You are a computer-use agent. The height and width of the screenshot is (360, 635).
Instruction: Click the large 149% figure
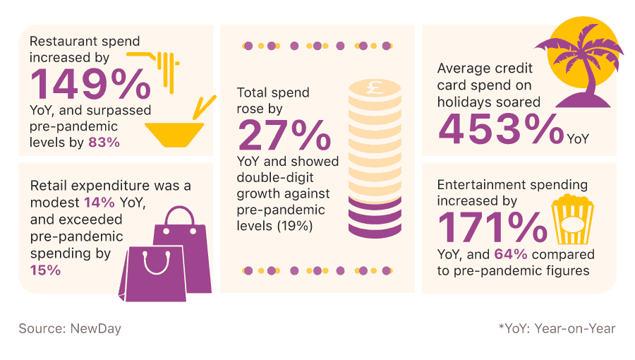coord(90,84)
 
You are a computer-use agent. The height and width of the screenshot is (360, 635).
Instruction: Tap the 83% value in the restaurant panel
coord(104,142)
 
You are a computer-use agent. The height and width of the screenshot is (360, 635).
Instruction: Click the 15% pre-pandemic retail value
coord(44,270)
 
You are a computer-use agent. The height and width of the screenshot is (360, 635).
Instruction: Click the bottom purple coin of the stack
coord(375,227)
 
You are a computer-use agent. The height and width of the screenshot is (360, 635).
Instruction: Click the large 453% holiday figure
coord(500,130)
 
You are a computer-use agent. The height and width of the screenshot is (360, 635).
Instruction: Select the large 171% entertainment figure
coord(492,226)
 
